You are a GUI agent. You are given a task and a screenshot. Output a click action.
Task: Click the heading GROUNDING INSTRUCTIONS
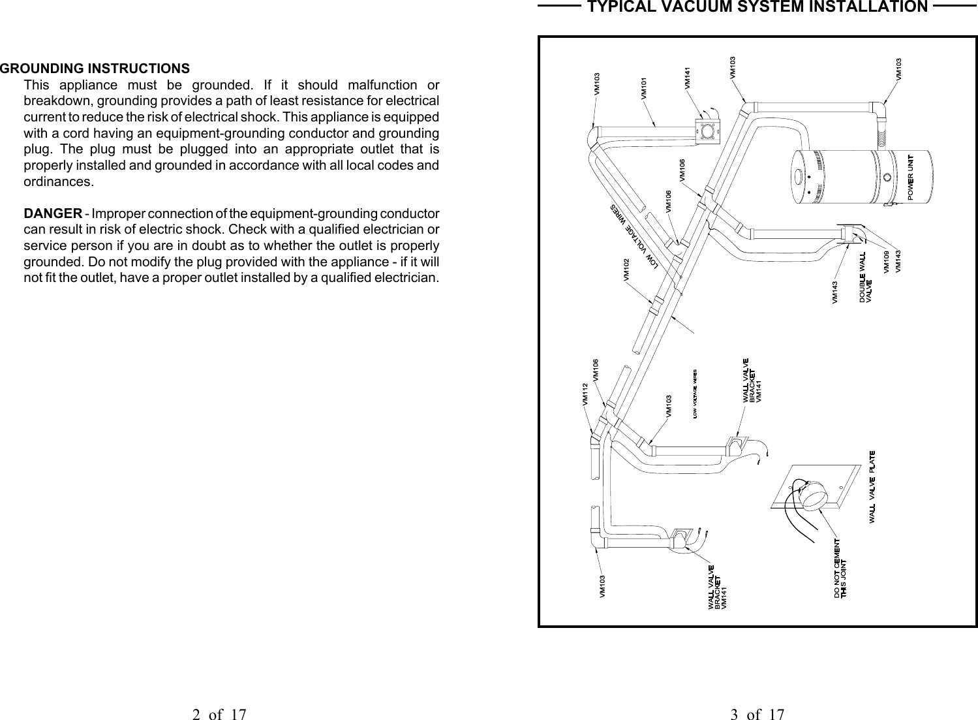(95, 69)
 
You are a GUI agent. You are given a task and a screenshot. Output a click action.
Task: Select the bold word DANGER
(53, 215)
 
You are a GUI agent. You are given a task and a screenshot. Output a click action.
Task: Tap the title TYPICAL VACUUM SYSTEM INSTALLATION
(757, 7)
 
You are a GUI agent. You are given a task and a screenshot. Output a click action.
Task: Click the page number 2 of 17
(219, 714)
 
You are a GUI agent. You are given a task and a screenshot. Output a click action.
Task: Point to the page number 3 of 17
(757, 714)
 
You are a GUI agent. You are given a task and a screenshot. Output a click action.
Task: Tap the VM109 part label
(885, 262)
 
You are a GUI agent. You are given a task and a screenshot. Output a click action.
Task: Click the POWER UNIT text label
(911, 176)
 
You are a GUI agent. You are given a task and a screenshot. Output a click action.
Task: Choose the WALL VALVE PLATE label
(872, 486)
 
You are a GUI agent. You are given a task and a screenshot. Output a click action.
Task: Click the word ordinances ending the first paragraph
(59, 181)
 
